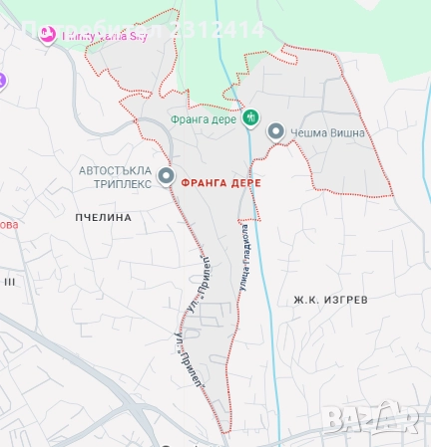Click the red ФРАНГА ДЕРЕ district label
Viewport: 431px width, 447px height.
tap(222, 183)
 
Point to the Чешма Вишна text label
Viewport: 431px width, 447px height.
tap(328, 132)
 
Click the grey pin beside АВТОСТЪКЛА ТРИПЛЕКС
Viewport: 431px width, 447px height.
tap(166, 177)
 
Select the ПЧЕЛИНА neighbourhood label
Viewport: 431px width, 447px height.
tap(104, 216)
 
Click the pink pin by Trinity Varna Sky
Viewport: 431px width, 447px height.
tap(47, 34)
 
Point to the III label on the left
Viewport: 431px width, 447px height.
tap(9, 282)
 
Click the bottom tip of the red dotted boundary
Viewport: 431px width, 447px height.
tap(226, 430)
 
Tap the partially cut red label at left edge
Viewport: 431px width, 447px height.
tap(9, 224)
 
